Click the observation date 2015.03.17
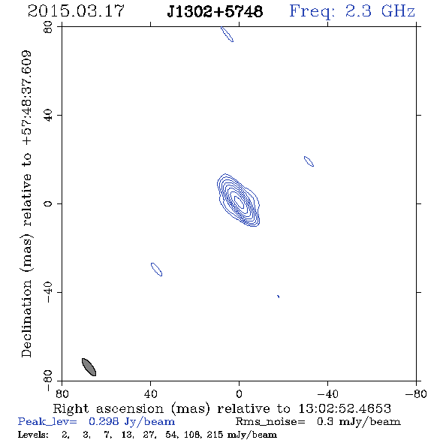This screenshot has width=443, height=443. click(76, 11)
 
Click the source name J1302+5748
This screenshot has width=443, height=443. click(215, 11)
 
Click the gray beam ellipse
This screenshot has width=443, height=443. click(89, 367)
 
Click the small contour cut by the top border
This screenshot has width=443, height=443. click(227, 35)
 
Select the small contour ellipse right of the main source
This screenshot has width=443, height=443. click(309, 161)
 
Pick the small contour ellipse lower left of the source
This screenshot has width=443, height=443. click(156, 270)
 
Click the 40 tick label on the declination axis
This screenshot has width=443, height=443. click(48, 116)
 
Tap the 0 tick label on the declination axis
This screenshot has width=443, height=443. click(48, 203)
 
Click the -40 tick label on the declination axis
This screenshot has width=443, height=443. click(48, 292)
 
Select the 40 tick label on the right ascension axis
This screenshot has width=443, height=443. click(150, 394)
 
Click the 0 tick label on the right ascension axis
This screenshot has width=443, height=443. click(239, 394)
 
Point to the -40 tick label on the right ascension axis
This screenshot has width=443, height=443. click(327, 394)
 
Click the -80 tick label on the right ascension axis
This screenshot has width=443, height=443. click(416, 394)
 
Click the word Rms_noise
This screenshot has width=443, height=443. click(270, 422)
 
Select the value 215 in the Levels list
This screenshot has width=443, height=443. click(215, 434)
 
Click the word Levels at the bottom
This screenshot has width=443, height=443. click(33, 434)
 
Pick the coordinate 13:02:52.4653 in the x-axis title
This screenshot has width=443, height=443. click(345, 408)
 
